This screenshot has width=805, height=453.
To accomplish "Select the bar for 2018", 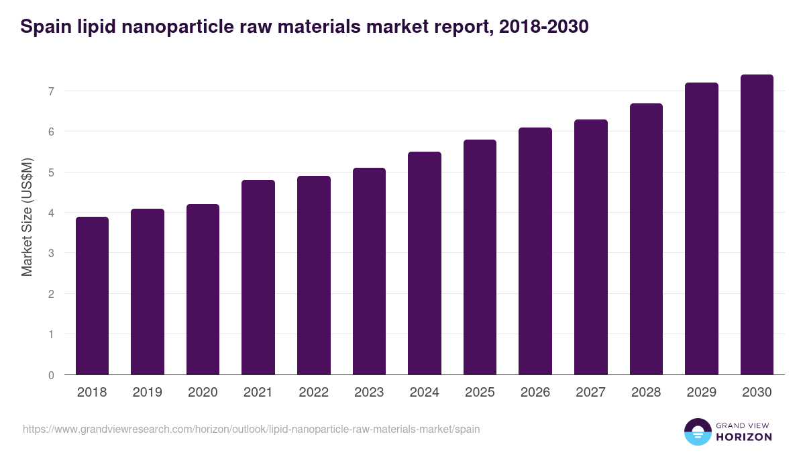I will [x=92, y=295].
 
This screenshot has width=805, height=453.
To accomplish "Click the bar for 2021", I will [x=258, y=277].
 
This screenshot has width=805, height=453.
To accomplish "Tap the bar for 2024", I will [x=425, y=263].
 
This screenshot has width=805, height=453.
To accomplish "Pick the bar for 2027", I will [x=591, y=247].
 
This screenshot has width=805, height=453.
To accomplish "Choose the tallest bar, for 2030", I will [x=757, y=225].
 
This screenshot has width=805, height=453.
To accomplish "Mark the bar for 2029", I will [x=702, y=229].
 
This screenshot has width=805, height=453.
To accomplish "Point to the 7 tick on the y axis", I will [x=51, y=91].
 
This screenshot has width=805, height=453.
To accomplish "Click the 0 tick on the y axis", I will [x=51, y=375].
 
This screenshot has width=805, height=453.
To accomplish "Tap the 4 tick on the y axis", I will [x=51, y=213].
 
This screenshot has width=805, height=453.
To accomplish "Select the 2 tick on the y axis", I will [x=51, y=294].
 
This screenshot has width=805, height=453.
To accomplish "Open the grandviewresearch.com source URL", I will [x=251, y=429].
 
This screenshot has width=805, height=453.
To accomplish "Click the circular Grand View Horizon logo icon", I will [x=697, y=432].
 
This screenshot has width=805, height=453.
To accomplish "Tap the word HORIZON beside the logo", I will [x=745, y=437].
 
